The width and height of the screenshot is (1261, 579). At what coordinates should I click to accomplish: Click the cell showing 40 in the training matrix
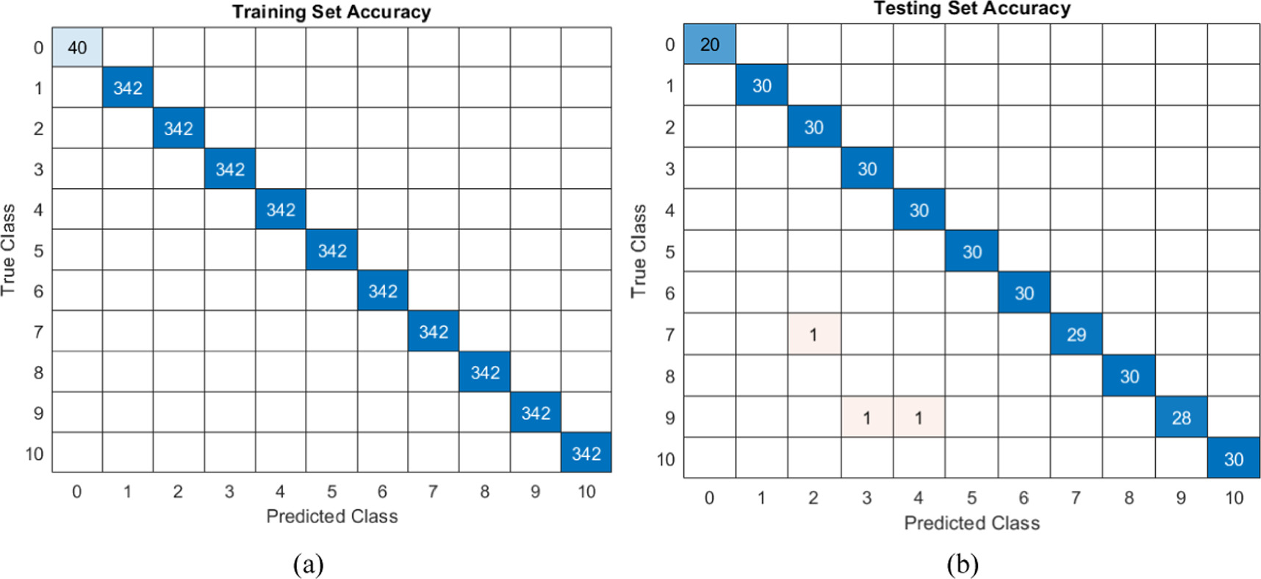point(77,48)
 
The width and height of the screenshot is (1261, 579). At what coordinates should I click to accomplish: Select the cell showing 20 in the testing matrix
point(709,44)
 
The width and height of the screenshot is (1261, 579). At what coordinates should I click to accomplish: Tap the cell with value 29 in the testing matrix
point(1076,335)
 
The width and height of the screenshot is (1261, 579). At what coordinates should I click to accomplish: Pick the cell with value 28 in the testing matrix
point(1181,418)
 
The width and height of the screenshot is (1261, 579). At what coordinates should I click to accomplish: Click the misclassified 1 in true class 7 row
point(813,335)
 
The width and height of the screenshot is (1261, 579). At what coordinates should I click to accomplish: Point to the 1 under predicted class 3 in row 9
point(867,418)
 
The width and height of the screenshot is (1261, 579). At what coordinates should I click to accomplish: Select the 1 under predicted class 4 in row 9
point(919,418)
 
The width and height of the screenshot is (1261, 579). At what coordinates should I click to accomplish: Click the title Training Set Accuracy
point(331,12)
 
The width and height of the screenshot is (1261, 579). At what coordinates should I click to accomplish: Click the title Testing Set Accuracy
point(971,9)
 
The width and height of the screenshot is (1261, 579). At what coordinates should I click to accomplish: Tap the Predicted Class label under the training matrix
point(331,517)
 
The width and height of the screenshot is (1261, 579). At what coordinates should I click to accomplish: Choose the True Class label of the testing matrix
point(639,251)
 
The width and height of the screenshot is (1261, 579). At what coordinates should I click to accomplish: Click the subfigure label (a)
point(308,564)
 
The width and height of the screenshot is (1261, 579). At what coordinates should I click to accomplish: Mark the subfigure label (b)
point(962,564)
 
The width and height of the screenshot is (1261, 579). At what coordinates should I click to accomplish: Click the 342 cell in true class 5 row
point(332,251)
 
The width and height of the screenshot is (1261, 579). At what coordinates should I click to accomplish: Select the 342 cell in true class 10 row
point(586,453)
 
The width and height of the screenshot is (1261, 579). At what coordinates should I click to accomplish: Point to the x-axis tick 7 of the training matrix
point(433,492)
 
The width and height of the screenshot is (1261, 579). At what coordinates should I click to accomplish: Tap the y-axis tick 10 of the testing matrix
point(666,459)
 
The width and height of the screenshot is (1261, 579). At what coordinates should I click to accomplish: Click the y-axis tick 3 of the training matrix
point(38,170)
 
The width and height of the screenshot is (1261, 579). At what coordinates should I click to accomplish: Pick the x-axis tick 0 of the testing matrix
point(709,498)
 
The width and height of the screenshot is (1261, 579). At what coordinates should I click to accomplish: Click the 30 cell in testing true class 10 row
point(1233,459)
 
